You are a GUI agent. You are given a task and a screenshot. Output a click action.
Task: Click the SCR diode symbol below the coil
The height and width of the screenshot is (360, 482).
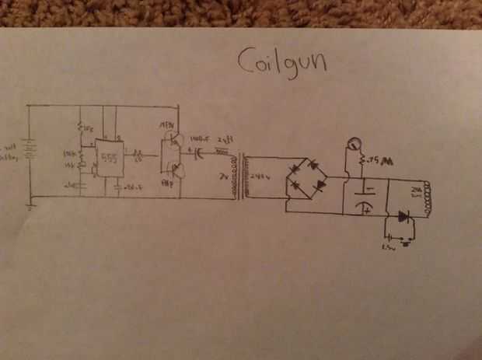[403, 215]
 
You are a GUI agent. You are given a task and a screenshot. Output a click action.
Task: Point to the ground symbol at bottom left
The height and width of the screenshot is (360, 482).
[30, 206]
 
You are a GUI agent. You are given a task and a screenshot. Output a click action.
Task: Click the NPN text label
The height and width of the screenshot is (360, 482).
[165, 124]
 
